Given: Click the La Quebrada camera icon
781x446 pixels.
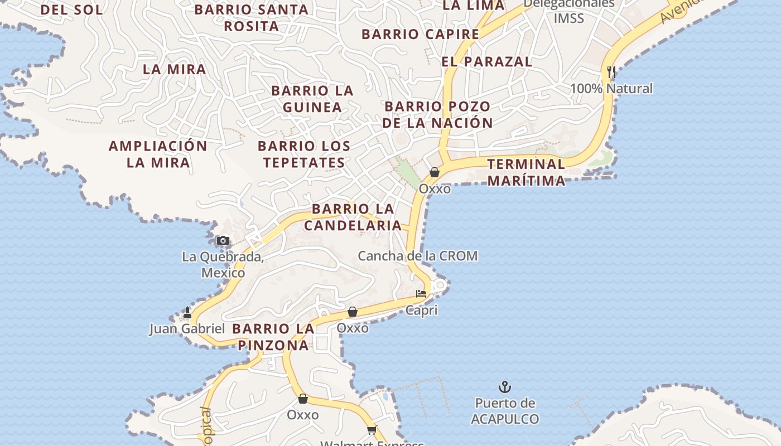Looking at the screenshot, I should coord(223,241).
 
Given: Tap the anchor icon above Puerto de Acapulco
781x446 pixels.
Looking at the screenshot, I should coord(505,386).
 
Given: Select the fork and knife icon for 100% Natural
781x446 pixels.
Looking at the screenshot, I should coord(611,72).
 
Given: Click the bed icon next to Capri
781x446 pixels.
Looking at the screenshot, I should coord(421,293).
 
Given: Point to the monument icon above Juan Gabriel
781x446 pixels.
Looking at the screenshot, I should coord(187,313).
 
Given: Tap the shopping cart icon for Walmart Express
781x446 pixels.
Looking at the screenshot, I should coord(372,430).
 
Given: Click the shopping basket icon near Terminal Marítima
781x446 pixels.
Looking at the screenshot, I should coord(435,172).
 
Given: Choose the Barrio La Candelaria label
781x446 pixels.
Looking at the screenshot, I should coord(353,217).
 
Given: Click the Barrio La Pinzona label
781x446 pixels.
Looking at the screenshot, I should coord(273,337).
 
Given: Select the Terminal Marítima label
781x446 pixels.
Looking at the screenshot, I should coord(526,172).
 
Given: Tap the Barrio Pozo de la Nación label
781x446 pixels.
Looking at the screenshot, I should coord(437,114).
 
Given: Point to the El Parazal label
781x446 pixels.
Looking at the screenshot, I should coord(487,62).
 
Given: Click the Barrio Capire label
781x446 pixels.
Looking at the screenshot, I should coord(420,34).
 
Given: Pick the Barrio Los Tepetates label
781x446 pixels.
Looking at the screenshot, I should coord(304,154).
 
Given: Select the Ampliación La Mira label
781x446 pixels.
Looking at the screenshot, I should coord(158,154).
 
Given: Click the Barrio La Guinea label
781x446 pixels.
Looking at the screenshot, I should coord(312,99).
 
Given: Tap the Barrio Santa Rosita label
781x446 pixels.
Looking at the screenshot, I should coord(252,18).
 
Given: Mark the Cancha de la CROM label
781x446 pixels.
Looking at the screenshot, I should coord(417,256).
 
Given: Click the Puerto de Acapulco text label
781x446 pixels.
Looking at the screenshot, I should coord(505,411).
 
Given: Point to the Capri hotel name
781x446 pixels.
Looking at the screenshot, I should coord(421,311).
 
